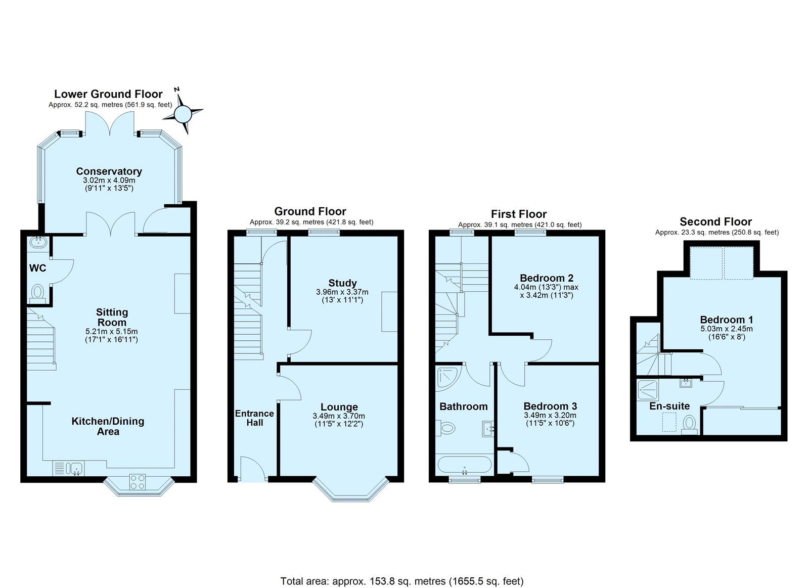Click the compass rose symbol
click(x=183, y=113)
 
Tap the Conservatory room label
click(x=109, y=171)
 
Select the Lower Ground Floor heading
click(x=108, y=94)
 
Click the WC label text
click(x=37, y=268)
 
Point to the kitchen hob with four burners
click(x=138, y=482)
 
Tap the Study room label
click(x=342, y=283)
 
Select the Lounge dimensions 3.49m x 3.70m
click(x=339, y=416)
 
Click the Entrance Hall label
click(x=254, y=418)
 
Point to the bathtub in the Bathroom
click(x=464, y=465)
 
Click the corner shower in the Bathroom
click(x=448, y=379)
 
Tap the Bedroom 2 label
click(x=547, y=278)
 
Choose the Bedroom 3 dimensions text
click(x=550, y=419)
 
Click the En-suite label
click(x=669, y=406)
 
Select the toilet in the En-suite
click(x=689, y=425)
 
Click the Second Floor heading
click(x=715, y=221)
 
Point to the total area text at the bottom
click(x=402, y=561)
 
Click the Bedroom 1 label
click(x=727, y=320)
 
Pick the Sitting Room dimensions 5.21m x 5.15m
click(x=112, y=331)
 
